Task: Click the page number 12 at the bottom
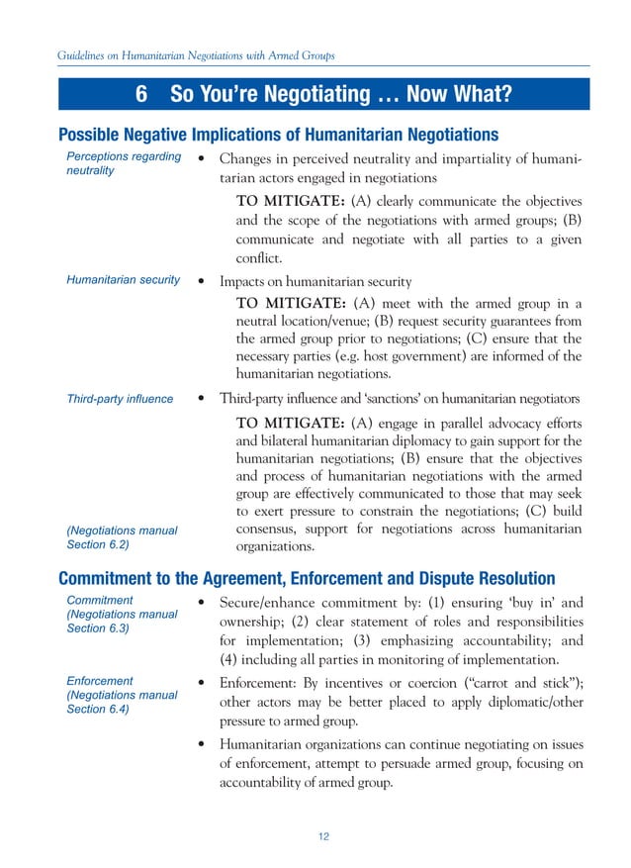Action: pyautogui.click(x=323, y=836)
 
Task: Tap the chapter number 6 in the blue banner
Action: pyautogui.click(x=141, y=95)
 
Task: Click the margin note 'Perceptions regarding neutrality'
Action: pyautogui.click(x=123, y=163)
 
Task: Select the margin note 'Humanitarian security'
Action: pyautogui.click(x=123, y=280)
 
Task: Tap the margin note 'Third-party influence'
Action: pyautogui.click(x=119, y=399)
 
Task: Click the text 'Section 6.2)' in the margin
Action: pyautogui.click(x=97, y=544)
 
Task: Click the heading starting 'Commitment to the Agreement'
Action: pyautogui.click(x=307, y=578)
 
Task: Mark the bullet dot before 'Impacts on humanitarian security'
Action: pyautogui.click(x=202, y=281)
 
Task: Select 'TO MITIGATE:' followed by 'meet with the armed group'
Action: pyautogui.click(x=291, y=303)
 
